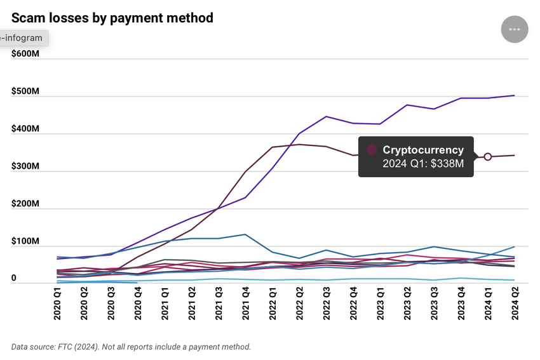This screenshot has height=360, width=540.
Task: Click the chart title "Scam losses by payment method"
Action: (x=112, y=18)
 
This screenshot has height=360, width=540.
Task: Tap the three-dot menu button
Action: (x=515, y=29)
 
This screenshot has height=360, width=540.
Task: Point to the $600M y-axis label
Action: (x=26, y=54)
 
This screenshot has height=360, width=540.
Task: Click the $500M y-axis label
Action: (x=26, y=91)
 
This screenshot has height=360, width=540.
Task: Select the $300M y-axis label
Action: (x=26, y=166)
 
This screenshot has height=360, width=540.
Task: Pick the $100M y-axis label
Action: (x=26, y=242)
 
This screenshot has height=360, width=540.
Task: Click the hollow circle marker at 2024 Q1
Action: (x=488, y=156)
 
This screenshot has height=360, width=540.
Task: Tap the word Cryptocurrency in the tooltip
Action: (x=422, y=150)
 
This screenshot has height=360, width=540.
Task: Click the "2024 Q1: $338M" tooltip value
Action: (x=422, y=164)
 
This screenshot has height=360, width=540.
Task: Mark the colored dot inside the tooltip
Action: (x=372, y=150)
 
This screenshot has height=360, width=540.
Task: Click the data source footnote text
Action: (x=131, y=347)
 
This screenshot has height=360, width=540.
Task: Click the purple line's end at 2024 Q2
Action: (x=514, y=96)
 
